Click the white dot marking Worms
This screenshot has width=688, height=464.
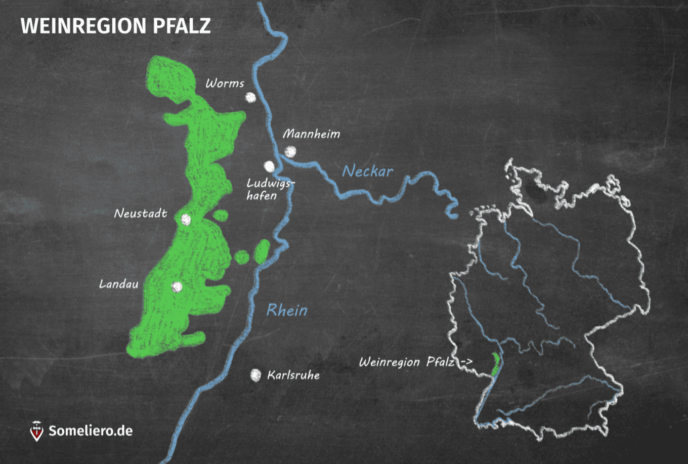click(250, 97)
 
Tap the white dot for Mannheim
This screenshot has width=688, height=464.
click(290, 151)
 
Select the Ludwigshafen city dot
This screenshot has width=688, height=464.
click(269, 166)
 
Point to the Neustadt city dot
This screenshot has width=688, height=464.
click(186, 220)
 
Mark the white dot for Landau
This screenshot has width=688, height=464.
click(177, 287)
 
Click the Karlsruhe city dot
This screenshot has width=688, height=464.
click(256, 375)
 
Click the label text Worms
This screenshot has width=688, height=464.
click(225, 83)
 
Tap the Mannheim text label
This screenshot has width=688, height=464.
click(311, 134)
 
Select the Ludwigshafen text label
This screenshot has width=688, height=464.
click(268, 189)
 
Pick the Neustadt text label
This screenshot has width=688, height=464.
click(141, 214)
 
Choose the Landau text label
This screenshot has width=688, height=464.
click(119, 284)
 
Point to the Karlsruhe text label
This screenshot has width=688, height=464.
click(293, 375)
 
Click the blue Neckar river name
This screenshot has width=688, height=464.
click(368, 172)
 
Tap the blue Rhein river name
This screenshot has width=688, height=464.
click(287, 310)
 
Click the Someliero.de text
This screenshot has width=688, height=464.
click(91, 431)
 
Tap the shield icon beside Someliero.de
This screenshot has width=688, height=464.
click(37, 431)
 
